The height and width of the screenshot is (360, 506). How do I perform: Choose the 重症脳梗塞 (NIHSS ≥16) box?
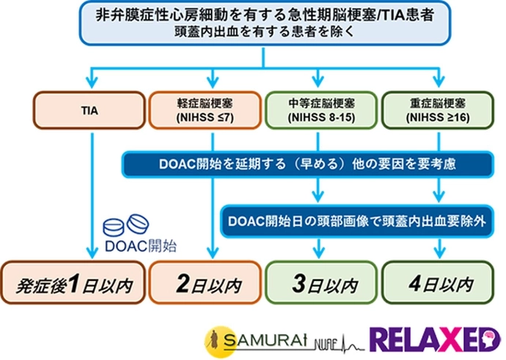point(439,110)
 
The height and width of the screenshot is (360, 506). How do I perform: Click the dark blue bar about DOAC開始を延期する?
point(308,165)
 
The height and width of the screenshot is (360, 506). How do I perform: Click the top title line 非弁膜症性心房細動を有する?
point(252,15)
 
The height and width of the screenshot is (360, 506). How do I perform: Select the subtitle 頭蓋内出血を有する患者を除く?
point(252,32)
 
